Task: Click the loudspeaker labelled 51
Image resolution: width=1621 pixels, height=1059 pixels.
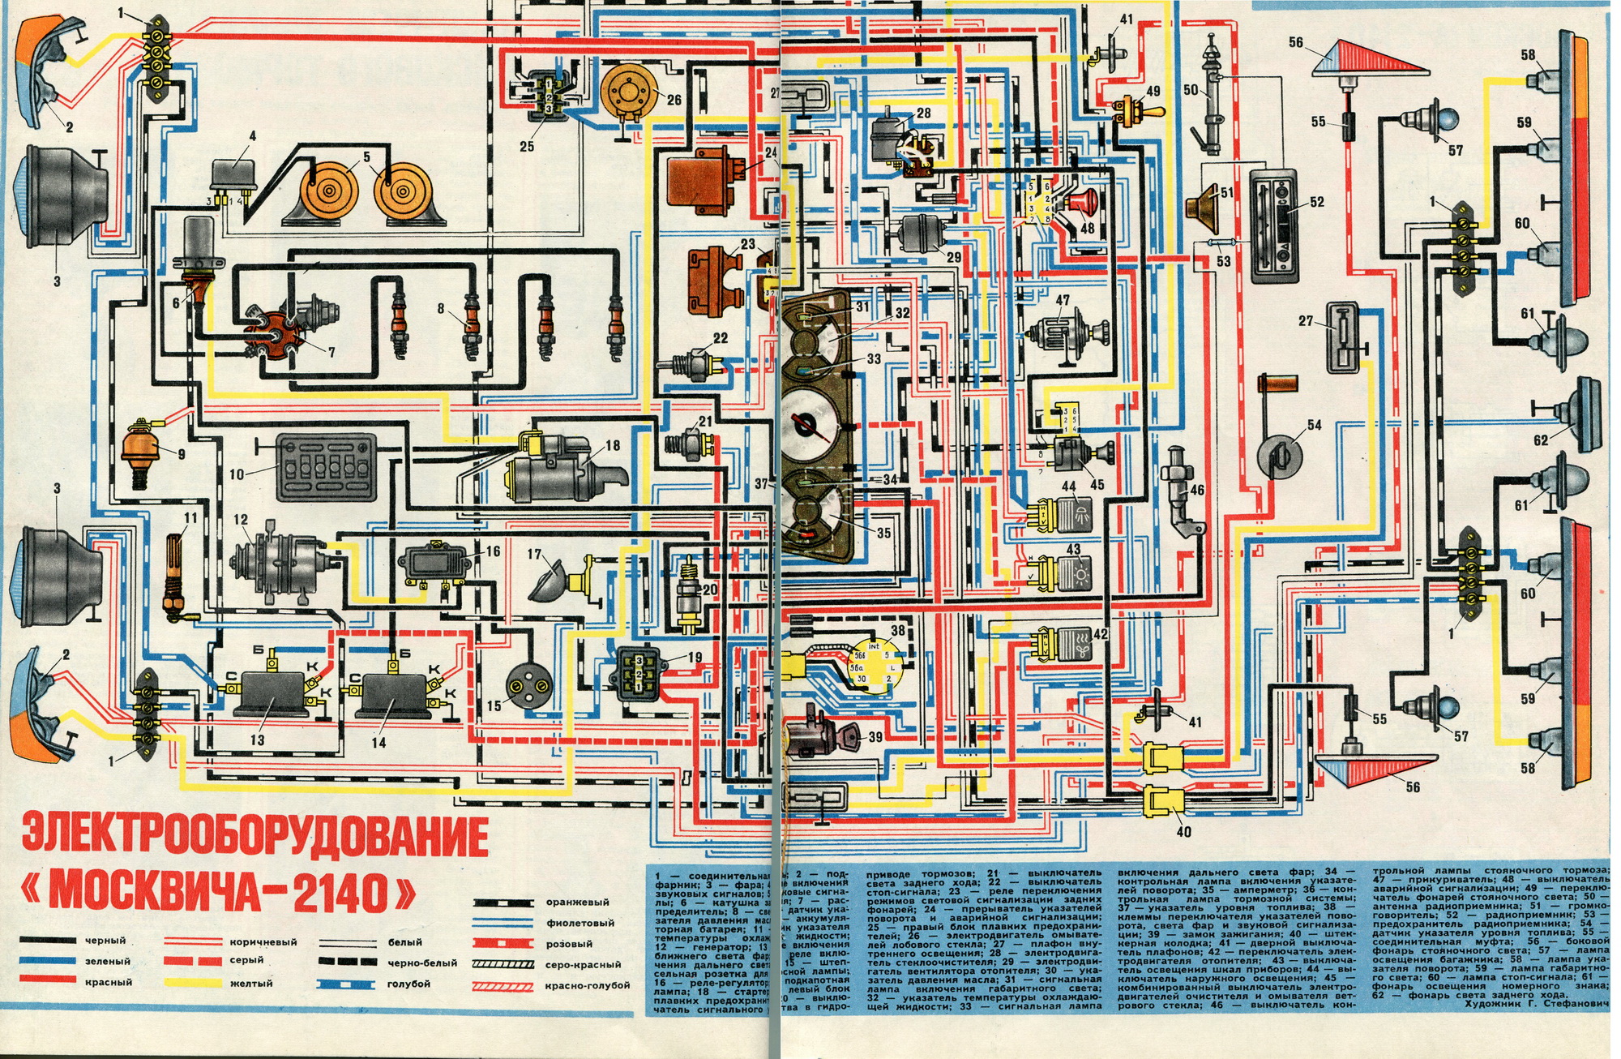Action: tap(1207, 208)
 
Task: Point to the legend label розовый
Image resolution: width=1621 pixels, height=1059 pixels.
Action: tap(569, 944)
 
